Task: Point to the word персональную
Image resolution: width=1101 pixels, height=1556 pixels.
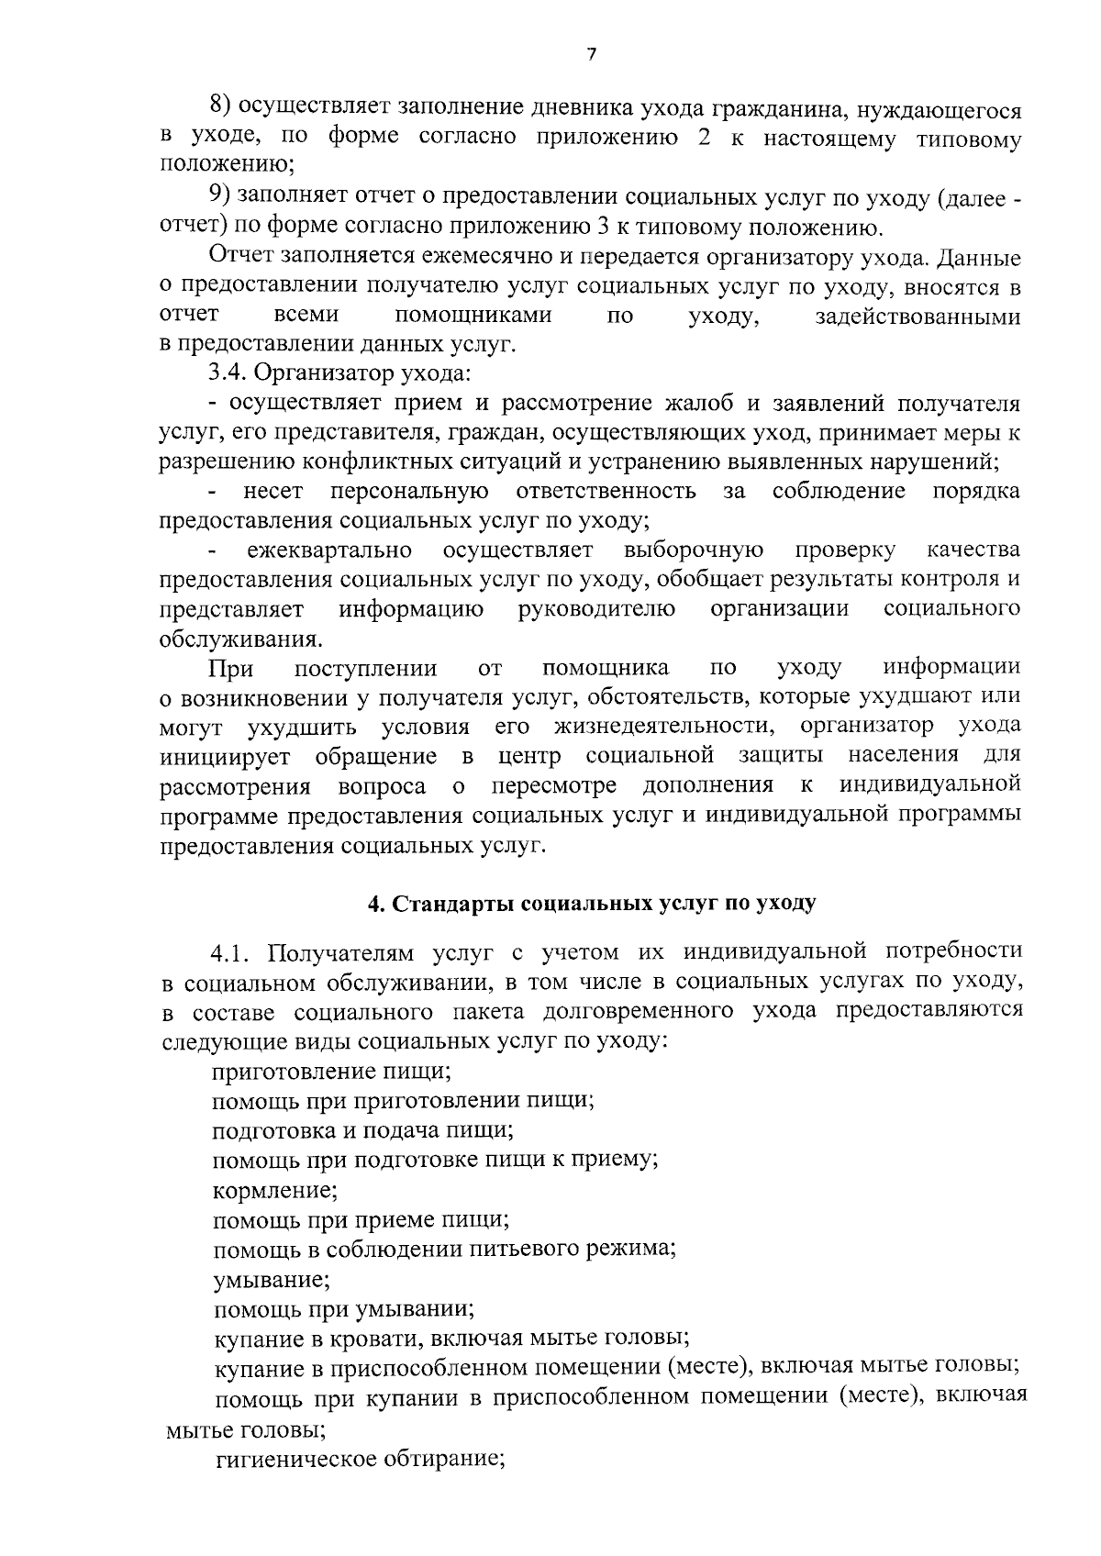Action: [409, 492]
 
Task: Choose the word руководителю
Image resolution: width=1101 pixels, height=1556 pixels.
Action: [597, 609]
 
